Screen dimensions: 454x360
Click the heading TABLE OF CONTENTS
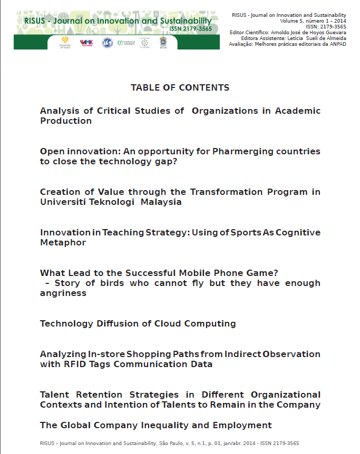[x=180, y=87]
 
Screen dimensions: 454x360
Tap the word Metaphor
[x=63, y=243]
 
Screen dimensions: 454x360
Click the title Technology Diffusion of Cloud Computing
[x=138, y=324]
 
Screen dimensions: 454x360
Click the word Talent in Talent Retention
[x=55, y=395]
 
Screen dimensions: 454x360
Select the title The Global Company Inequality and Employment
[x=155, y=426]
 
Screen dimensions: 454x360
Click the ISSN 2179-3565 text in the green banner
[x=191, y=28]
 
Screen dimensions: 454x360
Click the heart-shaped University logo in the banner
[x=65, y=41]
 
